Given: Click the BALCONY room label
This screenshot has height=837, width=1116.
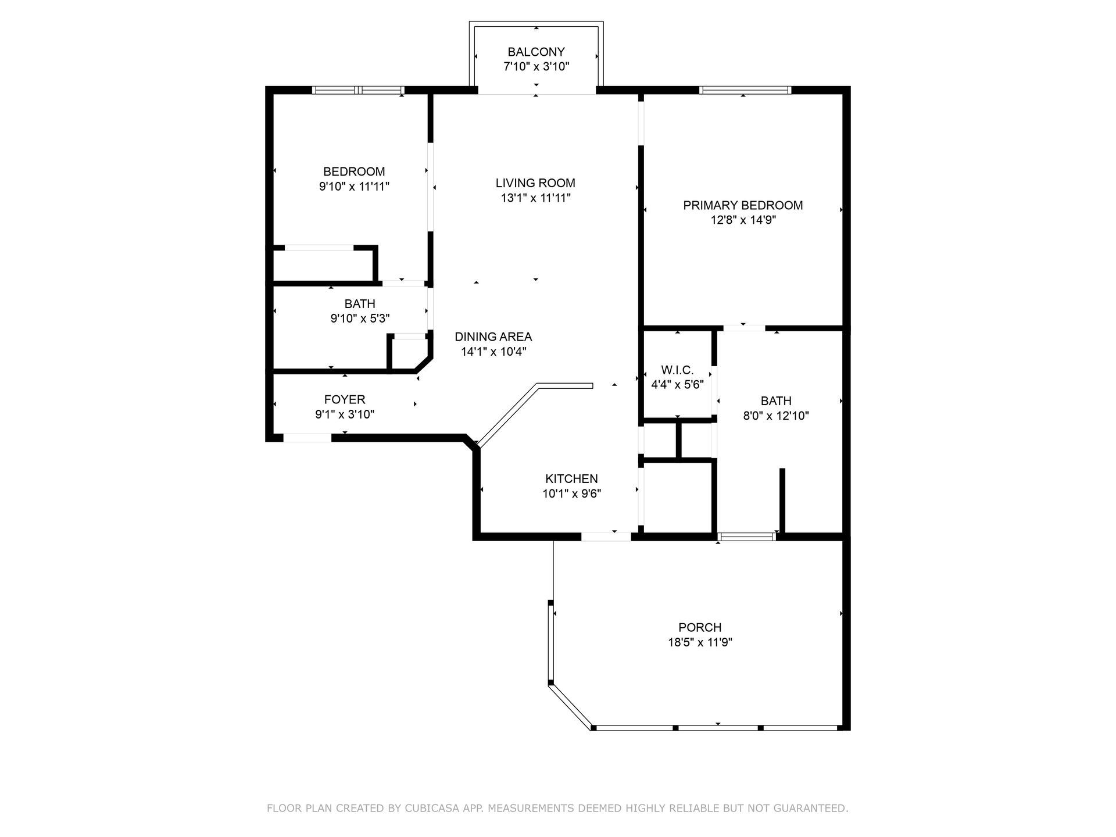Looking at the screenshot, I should (536, 52).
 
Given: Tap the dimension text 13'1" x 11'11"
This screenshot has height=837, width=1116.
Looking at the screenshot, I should (535, 198).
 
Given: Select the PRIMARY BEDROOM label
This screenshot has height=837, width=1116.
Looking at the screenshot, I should (742, 205).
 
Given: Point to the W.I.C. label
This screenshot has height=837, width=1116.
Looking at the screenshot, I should (677, 370).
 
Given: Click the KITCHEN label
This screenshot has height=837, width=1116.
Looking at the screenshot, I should (571, 479).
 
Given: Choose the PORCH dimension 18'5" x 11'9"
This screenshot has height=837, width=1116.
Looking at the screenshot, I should (700, 642).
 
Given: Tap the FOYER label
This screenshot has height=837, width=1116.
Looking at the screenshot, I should (345, 400).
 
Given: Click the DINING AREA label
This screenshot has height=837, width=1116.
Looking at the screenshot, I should (493, 337).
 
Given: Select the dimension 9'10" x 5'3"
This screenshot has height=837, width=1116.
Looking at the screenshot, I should (360, 319).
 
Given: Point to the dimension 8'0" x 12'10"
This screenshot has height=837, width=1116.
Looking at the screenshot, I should (775, 416).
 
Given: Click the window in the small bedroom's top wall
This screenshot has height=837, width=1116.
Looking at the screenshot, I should (358, 90).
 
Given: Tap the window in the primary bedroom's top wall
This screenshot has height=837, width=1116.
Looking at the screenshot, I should (745, 90).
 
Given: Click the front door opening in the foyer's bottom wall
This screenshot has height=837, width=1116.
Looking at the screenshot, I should (307, 438).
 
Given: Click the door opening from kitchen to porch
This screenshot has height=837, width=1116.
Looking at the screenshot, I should (606, 536).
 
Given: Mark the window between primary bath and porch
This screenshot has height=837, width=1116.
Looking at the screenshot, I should (747, 536).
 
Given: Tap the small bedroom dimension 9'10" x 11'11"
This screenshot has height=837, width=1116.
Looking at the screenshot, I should (354, 187).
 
